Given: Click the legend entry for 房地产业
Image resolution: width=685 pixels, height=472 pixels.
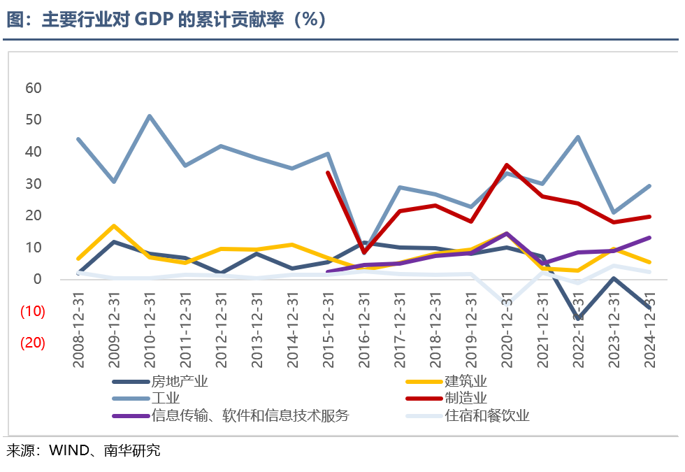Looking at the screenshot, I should coord(180,382).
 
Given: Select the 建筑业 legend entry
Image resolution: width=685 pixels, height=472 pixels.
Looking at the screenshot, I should coord(466,382).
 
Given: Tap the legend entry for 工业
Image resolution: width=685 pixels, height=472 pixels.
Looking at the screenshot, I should coord(166,399).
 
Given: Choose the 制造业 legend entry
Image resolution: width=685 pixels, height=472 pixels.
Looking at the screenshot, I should coord(466,399).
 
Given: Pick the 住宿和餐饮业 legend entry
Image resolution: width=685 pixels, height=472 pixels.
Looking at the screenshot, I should coord(487,416).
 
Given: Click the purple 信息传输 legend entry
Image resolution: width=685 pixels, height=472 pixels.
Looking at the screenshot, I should coord(250,416).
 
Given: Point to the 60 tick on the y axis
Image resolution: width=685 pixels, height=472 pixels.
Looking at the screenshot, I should coord(34,88).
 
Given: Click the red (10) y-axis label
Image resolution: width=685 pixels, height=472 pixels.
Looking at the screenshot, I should coord(32,311).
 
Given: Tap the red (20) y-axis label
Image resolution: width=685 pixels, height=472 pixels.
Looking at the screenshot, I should coord(32,343).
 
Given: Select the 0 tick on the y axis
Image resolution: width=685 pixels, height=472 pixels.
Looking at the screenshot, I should coord(38,279).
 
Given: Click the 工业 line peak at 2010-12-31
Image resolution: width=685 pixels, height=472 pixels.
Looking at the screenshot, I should coord(150,116).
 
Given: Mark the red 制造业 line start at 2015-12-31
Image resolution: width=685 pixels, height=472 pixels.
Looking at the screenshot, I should coord(329,173).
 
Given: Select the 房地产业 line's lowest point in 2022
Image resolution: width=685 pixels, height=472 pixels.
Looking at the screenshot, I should coord(579,318).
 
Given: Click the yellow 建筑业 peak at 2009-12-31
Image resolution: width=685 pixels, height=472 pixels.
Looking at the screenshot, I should coord(114,226).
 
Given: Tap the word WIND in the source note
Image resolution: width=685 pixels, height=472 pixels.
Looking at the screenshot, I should coord(68,451).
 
